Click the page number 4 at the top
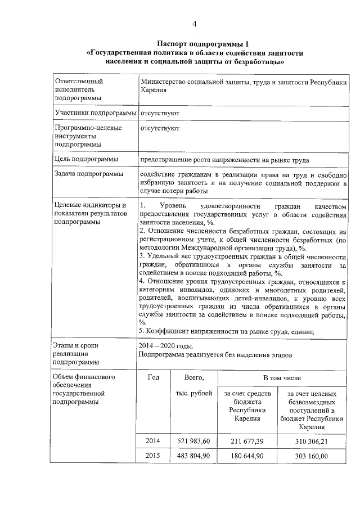click(x=195, y=23)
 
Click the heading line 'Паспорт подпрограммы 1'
click(x=195, y=44)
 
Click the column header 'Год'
click(x=154, y=377)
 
